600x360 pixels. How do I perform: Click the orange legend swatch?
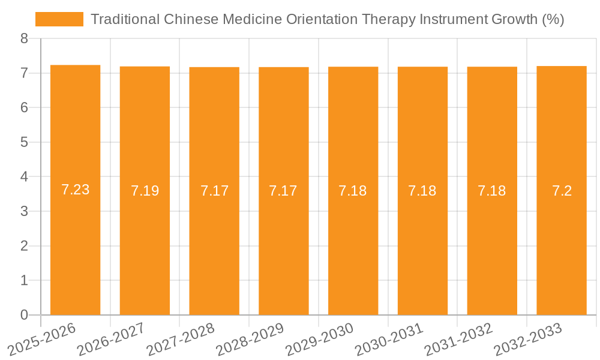click(x=59, y=19)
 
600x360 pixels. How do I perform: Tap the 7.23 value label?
click(x=75, y=190)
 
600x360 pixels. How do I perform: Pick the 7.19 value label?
click(x=145, y=191)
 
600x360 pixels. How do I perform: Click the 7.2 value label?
click(x=562, y=191)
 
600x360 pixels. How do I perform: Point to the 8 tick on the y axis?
click(x=24, y=39)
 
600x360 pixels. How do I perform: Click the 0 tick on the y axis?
click(x=24, y=315)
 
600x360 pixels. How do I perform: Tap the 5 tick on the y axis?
click(x=24, y=143)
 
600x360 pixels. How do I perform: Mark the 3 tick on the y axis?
click(x=24, y=212)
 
